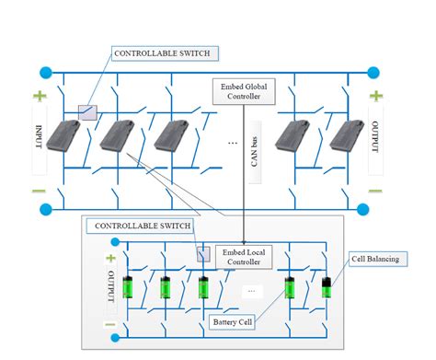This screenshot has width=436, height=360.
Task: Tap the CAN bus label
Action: (x=257, y=147)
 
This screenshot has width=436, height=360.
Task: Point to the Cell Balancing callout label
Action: (x=374, y=260)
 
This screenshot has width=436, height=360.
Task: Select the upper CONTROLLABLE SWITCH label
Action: (x=165, y=53)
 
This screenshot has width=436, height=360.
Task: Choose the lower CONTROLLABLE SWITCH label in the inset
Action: (x=139, y=226)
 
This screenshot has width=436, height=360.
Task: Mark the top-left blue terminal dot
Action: (x=43, y=72)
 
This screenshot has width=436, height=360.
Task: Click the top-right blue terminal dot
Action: (x=373, y=72)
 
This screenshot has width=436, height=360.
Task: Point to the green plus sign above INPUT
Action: (x=40, y=96)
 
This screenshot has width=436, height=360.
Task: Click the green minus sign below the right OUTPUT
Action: (x=376, y=191)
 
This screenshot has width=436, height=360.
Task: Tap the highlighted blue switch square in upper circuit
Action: (x=88, y=111)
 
